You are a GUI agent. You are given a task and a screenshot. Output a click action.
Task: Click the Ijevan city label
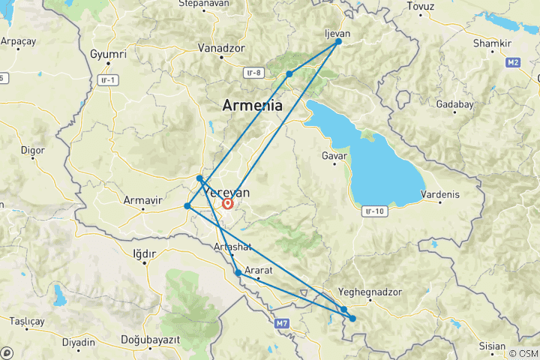click(336, 34)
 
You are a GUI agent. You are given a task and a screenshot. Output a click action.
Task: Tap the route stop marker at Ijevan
click(338, 41)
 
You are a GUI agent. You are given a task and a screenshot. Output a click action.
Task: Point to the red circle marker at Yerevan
click(228, 202)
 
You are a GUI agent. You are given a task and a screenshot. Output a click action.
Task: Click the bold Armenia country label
click(252, 106)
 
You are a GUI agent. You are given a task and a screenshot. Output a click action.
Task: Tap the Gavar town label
click(334, 156)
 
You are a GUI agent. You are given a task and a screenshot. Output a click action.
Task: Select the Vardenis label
click(439, 194)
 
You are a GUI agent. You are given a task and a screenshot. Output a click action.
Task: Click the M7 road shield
click(281, 323)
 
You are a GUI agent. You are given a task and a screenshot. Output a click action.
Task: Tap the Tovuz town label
click(420, 6)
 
